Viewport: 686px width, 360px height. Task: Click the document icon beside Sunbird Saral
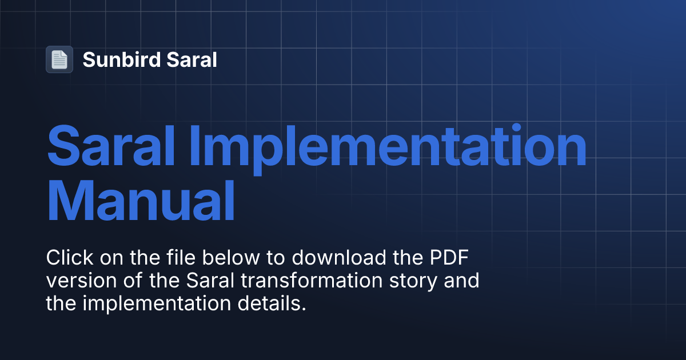pos(59,59)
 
